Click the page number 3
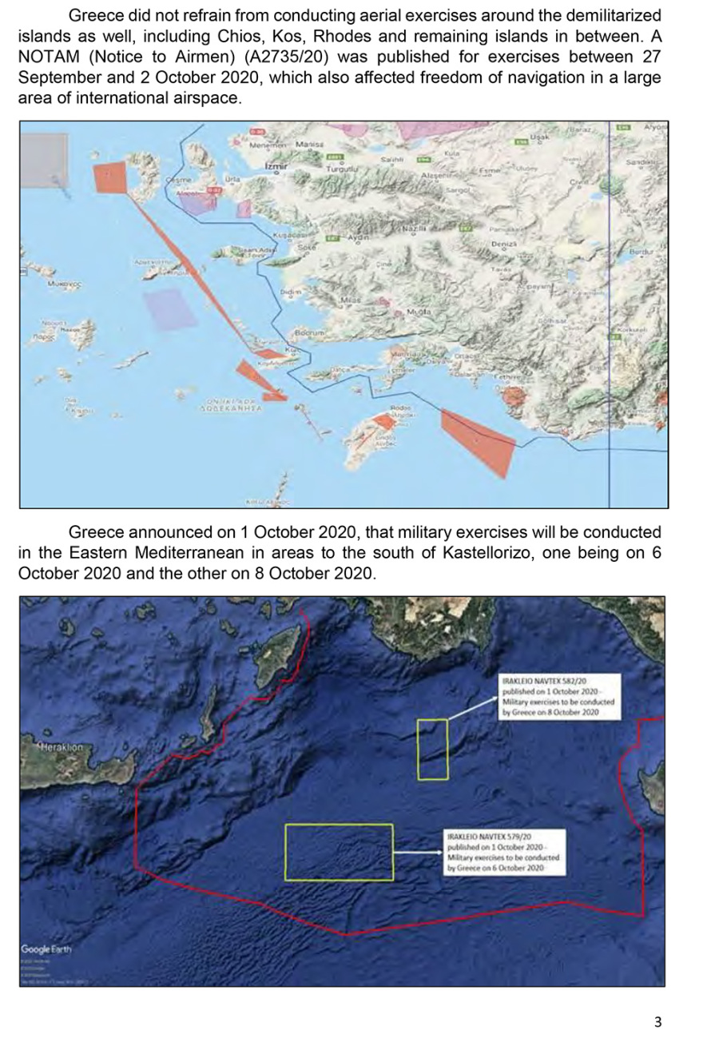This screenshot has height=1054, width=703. click(657, 1021)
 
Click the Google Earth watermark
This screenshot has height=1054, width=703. click(46, 949)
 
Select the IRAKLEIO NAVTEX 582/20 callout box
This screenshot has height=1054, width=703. click(558, 695)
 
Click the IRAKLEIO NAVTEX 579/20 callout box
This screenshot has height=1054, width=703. click(504, 852)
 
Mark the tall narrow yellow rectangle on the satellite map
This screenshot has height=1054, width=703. click(432, 749)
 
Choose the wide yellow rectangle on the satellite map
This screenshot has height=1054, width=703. click(339, 852)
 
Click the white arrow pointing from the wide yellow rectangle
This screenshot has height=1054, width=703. click(418, 852)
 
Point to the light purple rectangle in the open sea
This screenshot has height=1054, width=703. click(169, 308)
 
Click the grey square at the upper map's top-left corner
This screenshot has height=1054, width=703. click(43, 160)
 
